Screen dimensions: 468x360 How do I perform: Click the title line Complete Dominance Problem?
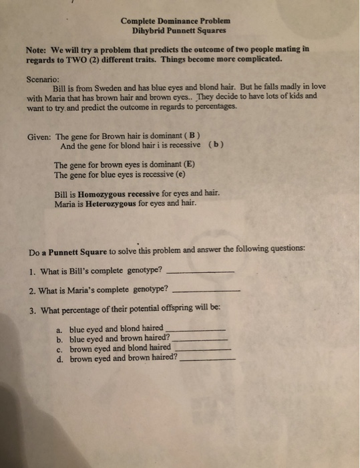pyautogui.click(x=174, y=20)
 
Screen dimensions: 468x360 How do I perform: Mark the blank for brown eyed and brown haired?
pyautogui.click(x=208, y=359)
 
